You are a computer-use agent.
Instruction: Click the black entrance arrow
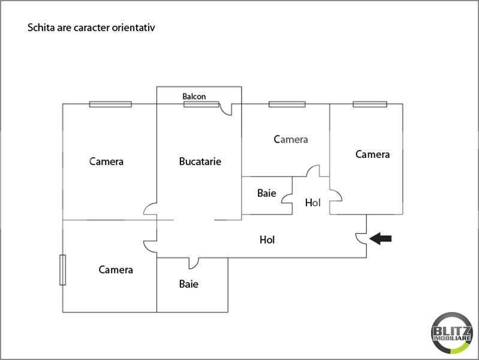pos(381,238)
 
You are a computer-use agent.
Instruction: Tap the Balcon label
pos(194,97)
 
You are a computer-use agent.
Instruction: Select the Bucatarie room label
pos(200,161)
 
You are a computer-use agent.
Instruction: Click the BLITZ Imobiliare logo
pos(452,333)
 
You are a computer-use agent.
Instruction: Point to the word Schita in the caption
pos(41,28)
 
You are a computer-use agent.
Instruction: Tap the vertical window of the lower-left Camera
pos(62,270)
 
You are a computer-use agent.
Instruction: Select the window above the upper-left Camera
pos(110,104)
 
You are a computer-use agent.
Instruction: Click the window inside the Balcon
pos(201,104)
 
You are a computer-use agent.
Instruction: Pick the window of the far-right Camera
pos(370,104)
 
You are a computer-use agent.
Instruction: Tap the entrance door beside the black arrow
pos(361,239)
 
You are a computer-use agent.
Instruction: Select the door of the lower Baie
pos(194,263)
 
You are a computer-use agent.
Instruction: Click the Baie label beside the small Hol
pos(267,193)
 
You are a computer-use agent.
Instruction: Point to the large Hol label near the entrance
pos(267,239)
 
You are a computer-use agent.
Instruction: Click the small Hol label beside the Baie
pos(312,202)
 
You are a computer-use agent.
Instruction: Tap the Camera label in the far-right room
pos(372,154)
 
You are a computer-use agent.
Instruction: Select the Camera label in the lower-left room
pos(116,269)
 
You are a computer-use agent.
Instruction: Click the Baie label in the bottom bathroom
pos(188,284)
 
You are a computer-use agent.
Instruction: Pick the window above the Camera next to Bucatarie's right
pos(287,104)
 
